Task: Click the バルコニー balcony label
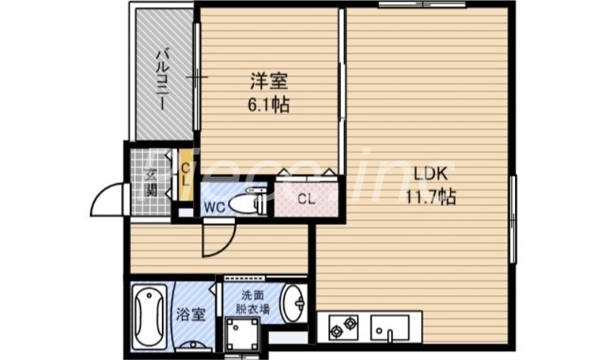pyautogui.click(x=161, y=79)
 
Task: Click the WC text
pyautogui.click(x=211, y=205)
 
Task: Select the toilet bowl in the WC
pyautogui.click(x=245, y=204)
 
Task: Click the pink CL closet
pyautogui.click(x=305, y=199)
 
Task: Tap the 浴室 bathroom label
pyautogui.click(x=192, y=314)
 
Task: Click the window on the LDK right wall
pyautogui.click(x=512, y=220)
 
